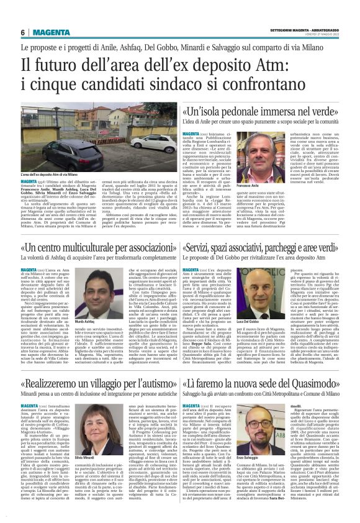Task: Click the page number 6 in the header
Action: point(22,32)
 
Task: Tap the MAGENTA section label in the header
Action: point(51,32)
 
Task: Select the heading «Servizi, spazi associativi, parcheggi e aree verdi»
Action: point(261,251)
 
